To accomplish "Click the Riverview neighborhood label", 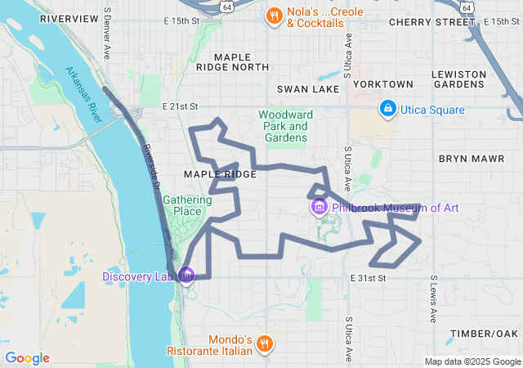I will pyautogui.click(x=68, y=18).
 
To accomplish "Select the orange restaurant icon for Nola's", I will pyautogui.click(x=275, y=15).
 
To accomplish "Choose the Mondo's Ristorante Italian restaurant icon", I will pyautogui.click(x=264, y=343).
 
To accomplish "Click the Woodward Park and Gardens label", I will pyautogui.click(x=285, y=126).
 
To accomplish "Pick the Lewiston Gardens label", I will pyautogui.click(x=459, y=79).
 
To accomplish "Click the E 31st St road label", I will pyautogui.click(x=368, y=279).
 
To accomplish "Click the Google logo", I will pyautogui.click(x=27, y=358).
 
